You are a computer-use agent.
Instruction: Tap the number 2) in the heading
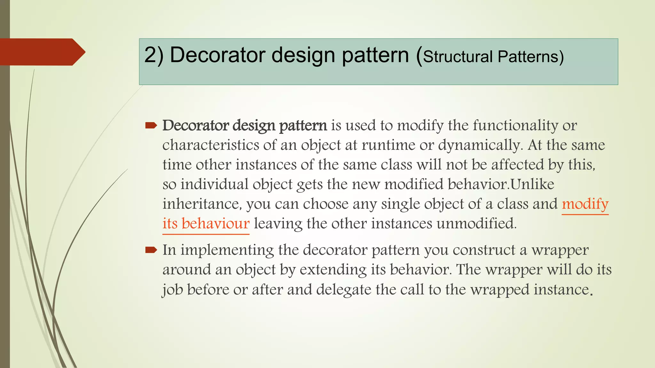(154, 55)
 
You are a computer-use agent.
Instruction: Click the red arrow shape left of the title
(42, 52)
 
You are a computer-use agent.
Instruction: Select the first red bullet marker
(151, 126)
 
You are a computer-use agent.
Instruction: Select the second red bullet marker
(151, 250)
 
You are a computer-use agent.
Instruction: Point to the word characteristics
(211, 145)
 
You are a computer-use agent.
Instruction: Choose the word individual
(214, 184)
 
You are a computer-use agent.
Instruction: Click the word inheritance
(202, 204)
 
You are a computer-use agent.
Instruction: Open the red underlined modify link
(585, 204)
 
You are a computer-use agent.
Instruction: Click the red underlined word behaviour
(216, 223)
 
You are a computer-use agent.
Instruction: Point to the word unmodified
(476, 223)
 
